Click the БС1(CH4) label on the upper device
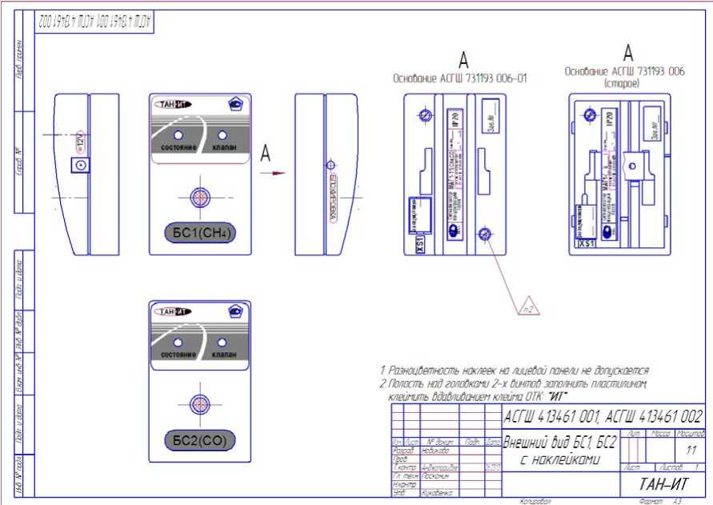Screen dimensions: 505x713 click(200, 234)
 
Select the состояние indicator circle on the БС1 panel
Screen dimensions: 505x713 click(178, 135)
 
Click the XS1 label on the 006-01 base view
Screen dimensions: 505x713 click(419, 243)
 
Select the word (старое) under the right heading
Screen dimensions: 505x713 click(626, 82)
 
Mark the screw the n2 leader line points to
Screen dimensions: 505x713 click(483, 234)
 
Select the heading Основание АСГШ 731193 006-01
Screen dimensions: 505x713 click(459, 79)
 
